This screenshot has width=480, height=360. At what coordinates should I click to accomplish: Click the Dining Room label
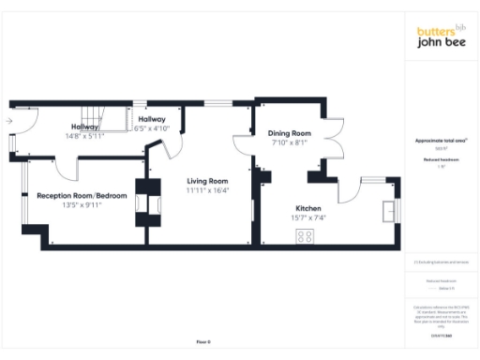(289, 134)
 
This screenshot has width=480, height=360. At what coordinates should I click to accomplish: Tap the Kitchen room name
(308, 207)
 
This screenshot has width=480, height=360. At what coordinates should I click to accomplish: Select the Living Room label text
(207, 181)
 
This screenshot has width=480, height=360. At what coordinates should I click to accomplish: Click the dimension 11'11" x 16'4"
(207, 191)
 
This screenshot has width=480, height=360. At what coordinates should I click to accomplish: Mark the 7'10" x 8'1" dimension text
(289, 143)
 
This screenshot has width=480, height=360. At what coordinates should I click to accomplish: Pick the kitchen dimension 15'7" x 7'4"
(308, 217)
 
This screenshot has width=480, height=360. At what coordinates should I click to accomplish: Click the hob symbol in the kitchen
(306, 237)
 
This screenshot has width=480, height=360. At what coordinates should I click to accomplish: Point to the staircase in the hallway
(112, 120)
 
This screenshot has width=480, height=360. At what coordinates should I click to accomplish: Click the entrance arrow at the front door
(8, 121)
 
